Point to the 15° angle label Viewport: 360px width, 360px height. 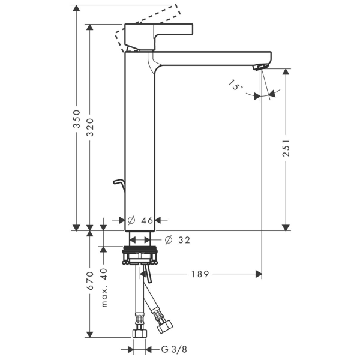236,86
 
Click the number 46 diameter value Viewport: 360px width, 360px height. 148,220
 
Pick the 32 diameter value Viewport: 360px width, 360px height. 184,240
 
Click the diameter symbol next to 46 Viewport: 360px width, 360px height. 131,220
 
